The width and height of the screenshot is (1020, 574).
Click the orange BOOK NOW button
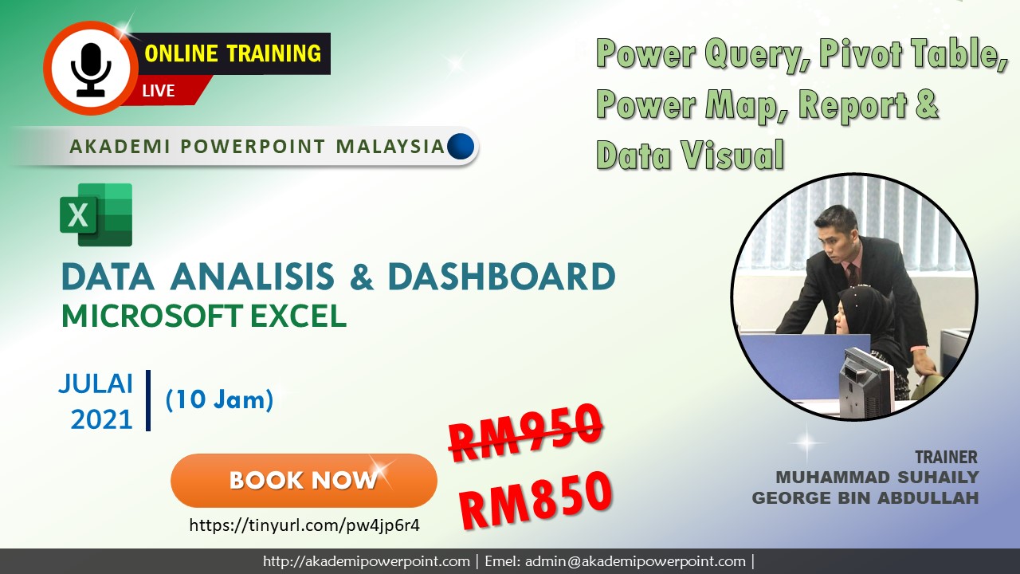(304, 480)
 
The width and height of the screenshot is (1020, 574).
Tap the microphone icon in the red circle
(90, 70)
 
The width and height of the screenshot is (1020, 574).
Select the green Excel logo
(96, 214)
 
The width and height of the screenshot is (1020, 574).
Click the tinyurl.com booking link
(304, 525)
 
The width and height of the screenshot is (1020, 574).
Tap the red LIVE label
(159, 91)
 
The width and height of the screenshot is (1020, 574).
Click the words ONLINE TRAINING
(233, 54)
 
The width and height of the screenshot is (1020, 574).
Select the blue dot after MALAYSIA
(461, 146)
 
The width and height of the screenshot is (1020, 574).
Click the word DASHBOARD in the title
(501, 277)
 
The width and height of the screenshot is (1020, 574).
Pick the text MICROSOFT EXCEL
(204, 316)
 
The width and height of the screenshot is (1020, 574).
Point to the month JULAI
(96, 383)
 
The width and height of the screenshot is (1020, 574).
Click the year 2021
(101, 419)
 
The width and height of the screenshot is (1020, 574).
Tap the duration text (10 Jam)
(219, 400)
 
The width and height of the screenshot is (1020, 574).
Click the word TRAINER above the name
(946, 457)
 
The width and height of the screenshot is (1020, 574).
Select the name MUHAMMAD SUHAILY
(877, 477)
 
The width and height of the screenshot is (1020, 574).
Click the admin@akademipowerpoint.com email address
(634, 561)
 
